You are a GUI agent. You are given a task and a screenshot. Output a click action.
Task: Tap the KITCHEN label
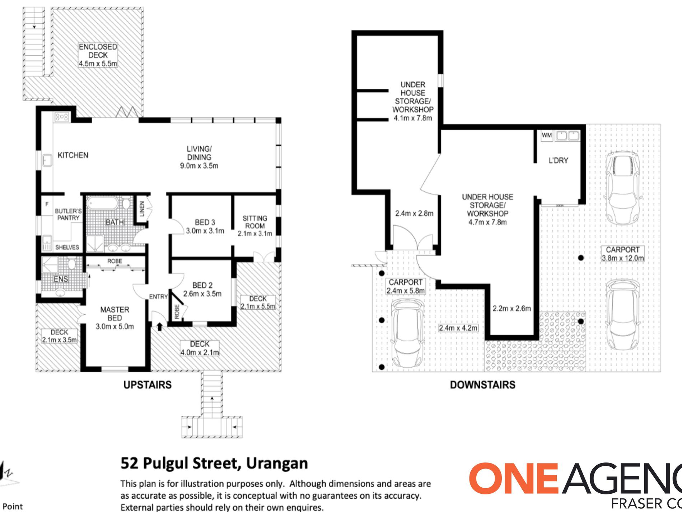(x=73, y=155)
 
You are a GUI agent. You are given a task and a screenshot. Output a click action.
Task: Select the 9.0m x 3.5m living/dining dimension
(x=199, y=166)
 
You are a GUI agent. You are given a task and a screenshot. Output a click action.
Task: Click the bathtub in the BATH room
(x=103, y=203)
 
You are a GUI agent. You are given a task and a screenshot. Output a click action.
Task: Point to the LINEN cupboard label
(x=141, y=209)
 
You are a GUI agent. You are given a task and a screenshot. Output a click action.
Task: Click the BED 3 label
(x=205, y=222)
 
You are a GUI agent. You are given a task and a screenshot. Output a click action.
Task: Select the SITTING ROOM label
(x=255, y=222)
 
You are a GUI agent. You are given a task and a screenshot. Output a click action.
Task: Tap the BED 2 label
(x=202, y=285)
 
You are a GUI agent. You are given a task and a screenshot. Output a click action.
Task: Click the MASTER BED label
(x=115, y=314)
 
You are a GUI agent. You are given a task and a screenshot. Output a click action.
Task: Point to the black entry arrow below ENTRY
(x=159, y=327)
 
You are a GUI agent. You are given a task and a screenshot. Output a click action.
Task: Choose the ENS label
(x=61, y=279)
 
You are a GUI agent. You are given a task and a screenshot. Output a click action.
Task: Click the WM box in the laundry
(x=547, y=135)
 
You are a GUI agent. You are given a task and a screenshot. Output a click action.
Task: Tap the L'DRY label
(x=558, y=161)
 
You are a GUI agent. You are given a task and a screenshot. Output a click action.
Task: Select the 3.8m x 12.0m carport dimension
(x=623, y=258)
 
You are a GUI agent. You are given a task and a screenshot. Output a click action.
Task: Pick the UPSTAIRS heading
(x=148, y=385)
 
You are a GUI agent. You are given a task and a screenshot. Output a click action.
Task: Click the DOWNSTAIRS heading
(x=482, y=385)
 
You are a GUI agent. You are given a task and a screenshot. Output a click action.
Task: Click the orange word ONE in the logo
(x=514, y=478)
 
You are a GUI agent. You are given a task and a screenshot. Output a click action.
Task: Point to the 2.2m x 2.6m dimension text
(x=511, y=308)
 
